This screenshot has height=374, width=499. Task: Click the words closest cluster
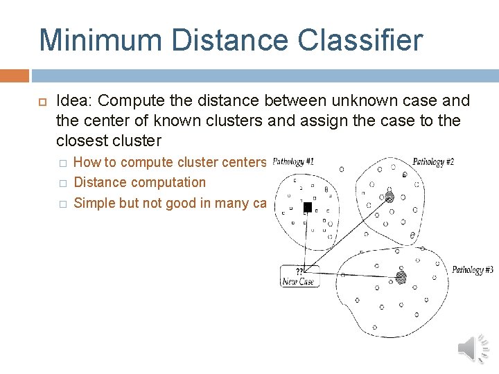(x=109, y=141)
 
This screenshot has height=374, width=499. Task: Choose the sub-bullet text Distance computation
(x=139, y=182)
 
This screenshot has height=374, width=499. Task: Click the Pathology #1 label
(x=293, y=161)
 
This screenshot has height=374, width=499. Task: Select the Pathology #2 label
(x=433, y=162)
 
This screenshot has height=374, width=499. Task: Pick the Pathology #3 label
(x=473, y=269)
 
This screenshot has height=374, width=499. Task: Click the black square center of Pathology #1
(x=308, y=207)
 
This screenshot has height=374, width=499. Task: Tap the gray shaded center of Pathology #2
(x=389, y=197)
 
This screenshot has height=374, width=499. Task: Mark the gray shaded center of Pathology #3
(x=401, y=277)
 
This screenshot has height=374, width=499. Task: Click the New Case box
(x=299, y=276)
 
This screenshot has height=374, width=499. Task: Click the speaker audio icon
(x=474, y=348)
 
